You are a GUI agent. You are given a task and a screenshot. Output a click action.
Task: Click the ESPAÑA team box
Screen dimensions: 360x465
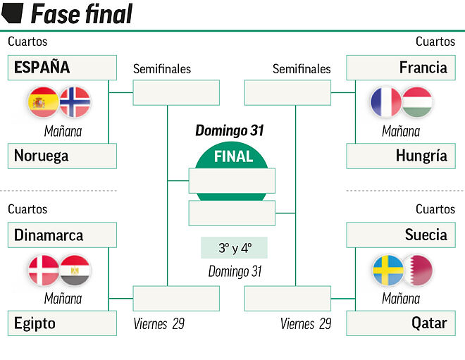coord(62,68)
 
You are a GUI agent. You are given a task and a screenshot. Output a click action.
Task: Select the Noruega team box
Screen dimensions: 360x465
coord(62,156)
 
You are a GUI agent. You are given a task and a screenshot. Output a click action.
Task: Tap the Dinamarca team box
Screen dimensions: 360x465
coord(62,235)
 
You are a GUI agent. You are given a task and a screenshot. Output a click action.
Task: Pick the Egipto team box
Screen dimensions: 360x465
coord(62,323)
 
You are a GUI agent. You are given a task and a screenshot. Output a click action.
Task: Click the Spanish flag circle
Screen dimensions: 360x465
coord(44,103)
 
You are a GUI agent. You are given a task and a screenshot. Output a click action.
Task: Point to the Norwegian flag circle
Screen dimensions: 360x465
coord(74,103)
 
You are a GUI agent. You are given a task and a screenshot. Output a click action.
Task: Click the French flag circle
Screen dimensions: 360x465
coord(386,103)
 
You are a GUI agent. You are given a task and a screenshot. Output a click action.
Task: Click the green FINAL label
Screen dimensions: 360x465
coord(232,156)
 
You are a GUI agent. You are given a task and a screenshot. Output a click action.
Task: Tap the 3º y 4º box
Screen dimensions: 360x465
coord(234,248)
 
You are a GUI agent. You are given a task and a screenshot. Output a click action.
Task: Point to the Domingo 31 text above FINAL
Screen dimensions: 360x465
coord(230,130)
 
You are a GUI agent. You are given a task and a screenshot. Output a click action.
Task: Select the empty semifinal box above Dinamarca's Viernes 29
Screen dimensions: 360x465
coord(166,298)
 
